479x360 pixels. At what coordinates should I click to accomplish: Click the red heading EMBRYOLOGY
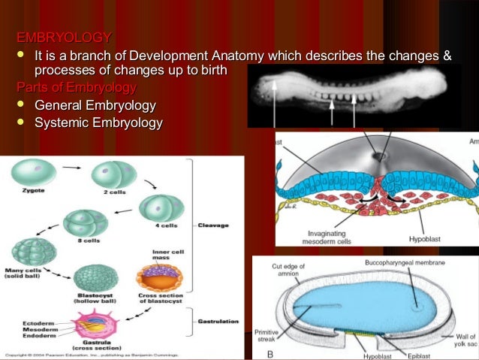tap(65, 38)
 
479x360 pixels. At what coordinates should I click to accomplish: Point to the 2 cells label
tap(113, 192)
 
